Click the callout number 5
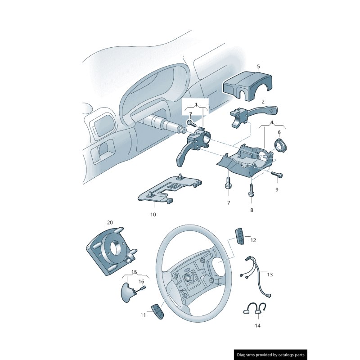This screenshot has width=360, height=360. click(258, 67)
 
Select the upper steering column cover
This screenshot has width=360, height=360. click(248, 86)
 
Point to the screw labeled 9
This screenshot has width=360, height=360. click(277, 174)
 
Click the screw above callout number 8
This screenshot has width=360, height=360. click(252, 190)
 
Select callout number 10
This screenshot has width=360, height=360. click(153, 215)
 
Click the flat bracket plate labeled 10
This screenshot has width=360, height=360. click(170, 188)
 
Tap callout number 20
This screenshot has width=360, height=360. click(110, 222)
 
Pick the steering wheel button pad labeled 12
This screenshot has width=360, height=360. click(239, 236)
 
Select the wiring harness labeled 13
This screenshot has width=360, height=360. click(257, 277)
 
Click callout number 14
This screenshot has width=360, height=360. click(257, 325)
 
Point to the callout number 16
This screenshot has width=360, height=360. click(141, 282)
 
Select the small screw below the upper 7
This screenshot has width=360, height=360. click(192, 123)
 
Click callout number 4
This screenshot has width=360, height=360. click(272, 122)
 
